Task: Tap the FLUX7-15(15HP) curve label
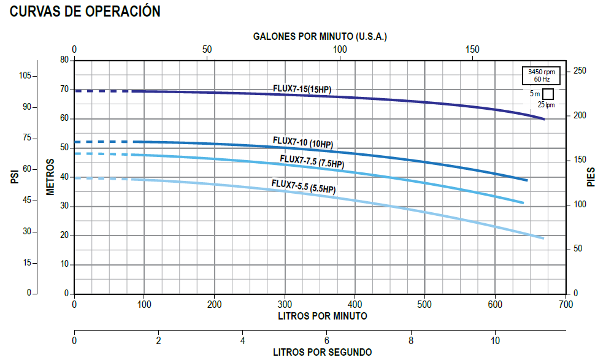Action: [302, 90]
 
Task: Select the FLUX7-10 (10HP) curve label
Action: [302, 144]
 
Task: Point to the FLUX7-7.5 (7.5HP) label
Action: [312, 162]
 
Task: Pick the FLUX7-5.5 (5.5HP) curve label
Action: [304, 186]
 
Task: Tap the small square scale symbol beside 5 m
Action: [548, 94]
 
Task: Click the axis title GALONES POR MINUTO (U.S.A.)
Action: [320, 36]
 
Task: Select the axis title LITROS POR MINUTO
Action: [323, 316]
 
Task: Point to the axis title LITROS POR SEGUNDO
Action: [322, 352]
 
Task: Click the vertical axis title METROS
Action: [51, 177]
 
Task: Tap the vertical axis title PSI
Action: [14, 177]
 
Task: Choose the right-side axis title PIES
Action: [591, 177]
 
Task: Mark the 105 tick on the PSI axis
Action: [25, 76]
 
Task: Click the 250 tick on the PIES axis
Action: [580, 71]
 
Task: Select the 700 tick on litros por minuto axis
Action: [566, 304]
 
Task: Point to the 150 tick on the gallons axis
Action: [472, 49]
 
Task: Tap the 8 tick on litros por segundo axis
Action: [411, 340]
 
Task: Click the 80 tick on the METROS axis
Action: [64, 60]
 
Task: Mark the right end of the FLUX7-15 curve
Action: [543, 119]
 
